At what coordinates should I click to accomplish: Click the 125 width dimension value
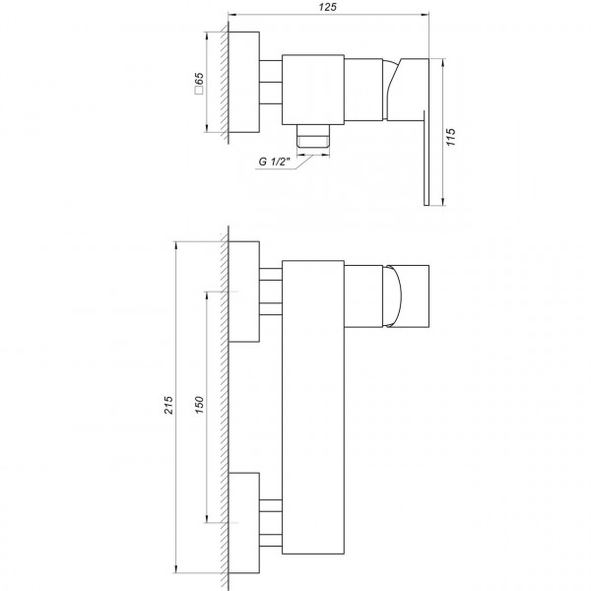tap(329, 8)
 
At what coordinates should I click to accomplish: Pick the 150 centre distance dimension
tap(199, 407)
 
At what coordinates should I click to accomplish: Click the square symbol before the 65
tap(199, 95)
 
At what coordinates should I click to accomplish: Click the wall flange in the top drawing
tap(244, 83)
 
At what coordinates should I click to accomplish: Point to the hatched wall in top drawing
tap(224, 83)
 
